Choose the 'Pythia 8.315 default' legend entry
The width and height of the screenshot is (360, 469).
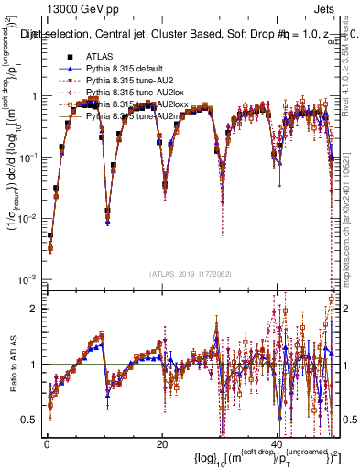click(x=126, y=70)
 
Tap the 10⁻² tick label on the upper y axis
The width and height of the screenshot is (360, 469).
click(x=27, y=218)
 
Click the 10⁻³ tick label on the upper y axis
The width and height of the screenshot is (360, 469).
click(x=27, y=278)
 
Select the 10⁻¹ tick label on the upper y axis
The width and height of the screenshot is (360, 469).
click(x=27, y=157)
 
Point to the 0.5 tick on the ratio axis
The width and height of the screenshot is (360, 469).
click(x=29, y=420)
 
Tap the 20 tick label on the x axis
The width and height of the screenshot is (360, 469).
click(x=162, y=443)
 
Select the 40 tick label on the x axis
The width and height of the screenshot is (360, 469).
click(x=278, y=443)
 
